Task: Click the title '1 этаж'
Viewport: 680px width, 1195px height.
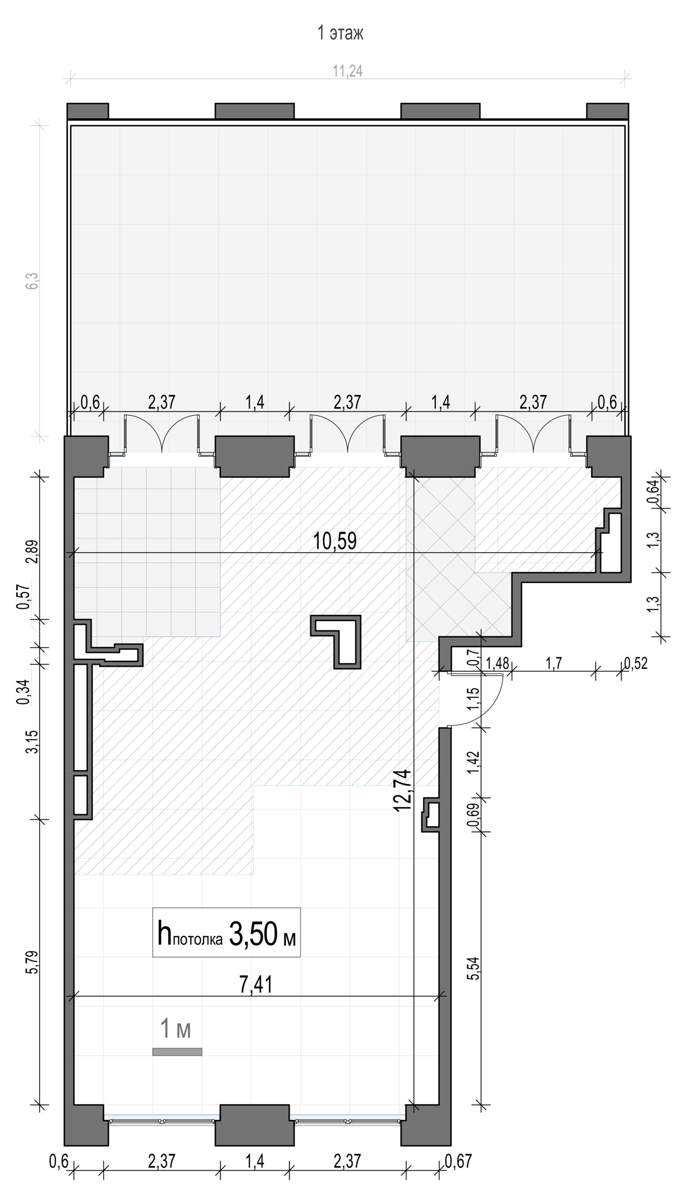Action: [x=340, y=33]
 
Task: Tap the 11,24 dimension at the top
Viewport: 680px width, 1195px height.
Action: [x=347, y=71]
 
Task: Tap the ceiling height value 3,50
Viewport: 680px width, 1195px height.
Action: [x=254, y=934]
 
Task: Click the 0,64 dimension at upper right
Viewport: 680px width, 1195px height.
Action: [x=656, y=492]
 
